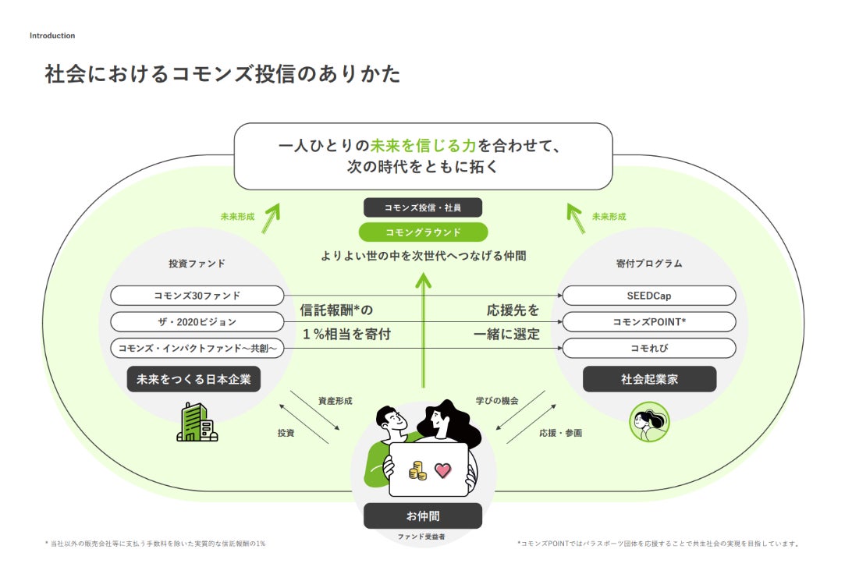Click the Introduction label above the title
pos(52,36)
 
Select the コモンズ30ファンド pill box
pos(197,296)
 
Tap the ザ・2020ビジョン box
pos(197,322)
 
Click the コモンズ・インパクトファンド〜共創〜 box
pos(197,349)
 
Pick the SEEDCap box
pos(648,296)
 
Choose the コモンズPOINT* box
pos(648,322)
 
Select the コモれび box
pos(648,349)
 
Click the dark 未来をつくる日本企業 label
pos(193,380)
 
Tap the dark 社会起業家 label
pos(649,380)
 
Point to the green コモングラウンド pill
pos(423,232)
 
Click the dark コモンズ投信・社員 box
pos(423,207)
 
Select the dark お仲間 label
pos(423,516)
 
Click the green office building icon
pos(196,422)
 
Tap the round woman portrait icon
pos(649,422)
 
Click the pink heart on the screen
pos(443,470)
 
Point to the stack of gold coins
pos(417,470)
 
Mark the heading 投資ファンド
pos(197,264)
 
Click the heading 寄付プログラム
pos(648,264)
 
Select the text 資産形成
pos(335,401)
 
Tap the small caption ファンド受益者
pos(423,537)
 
